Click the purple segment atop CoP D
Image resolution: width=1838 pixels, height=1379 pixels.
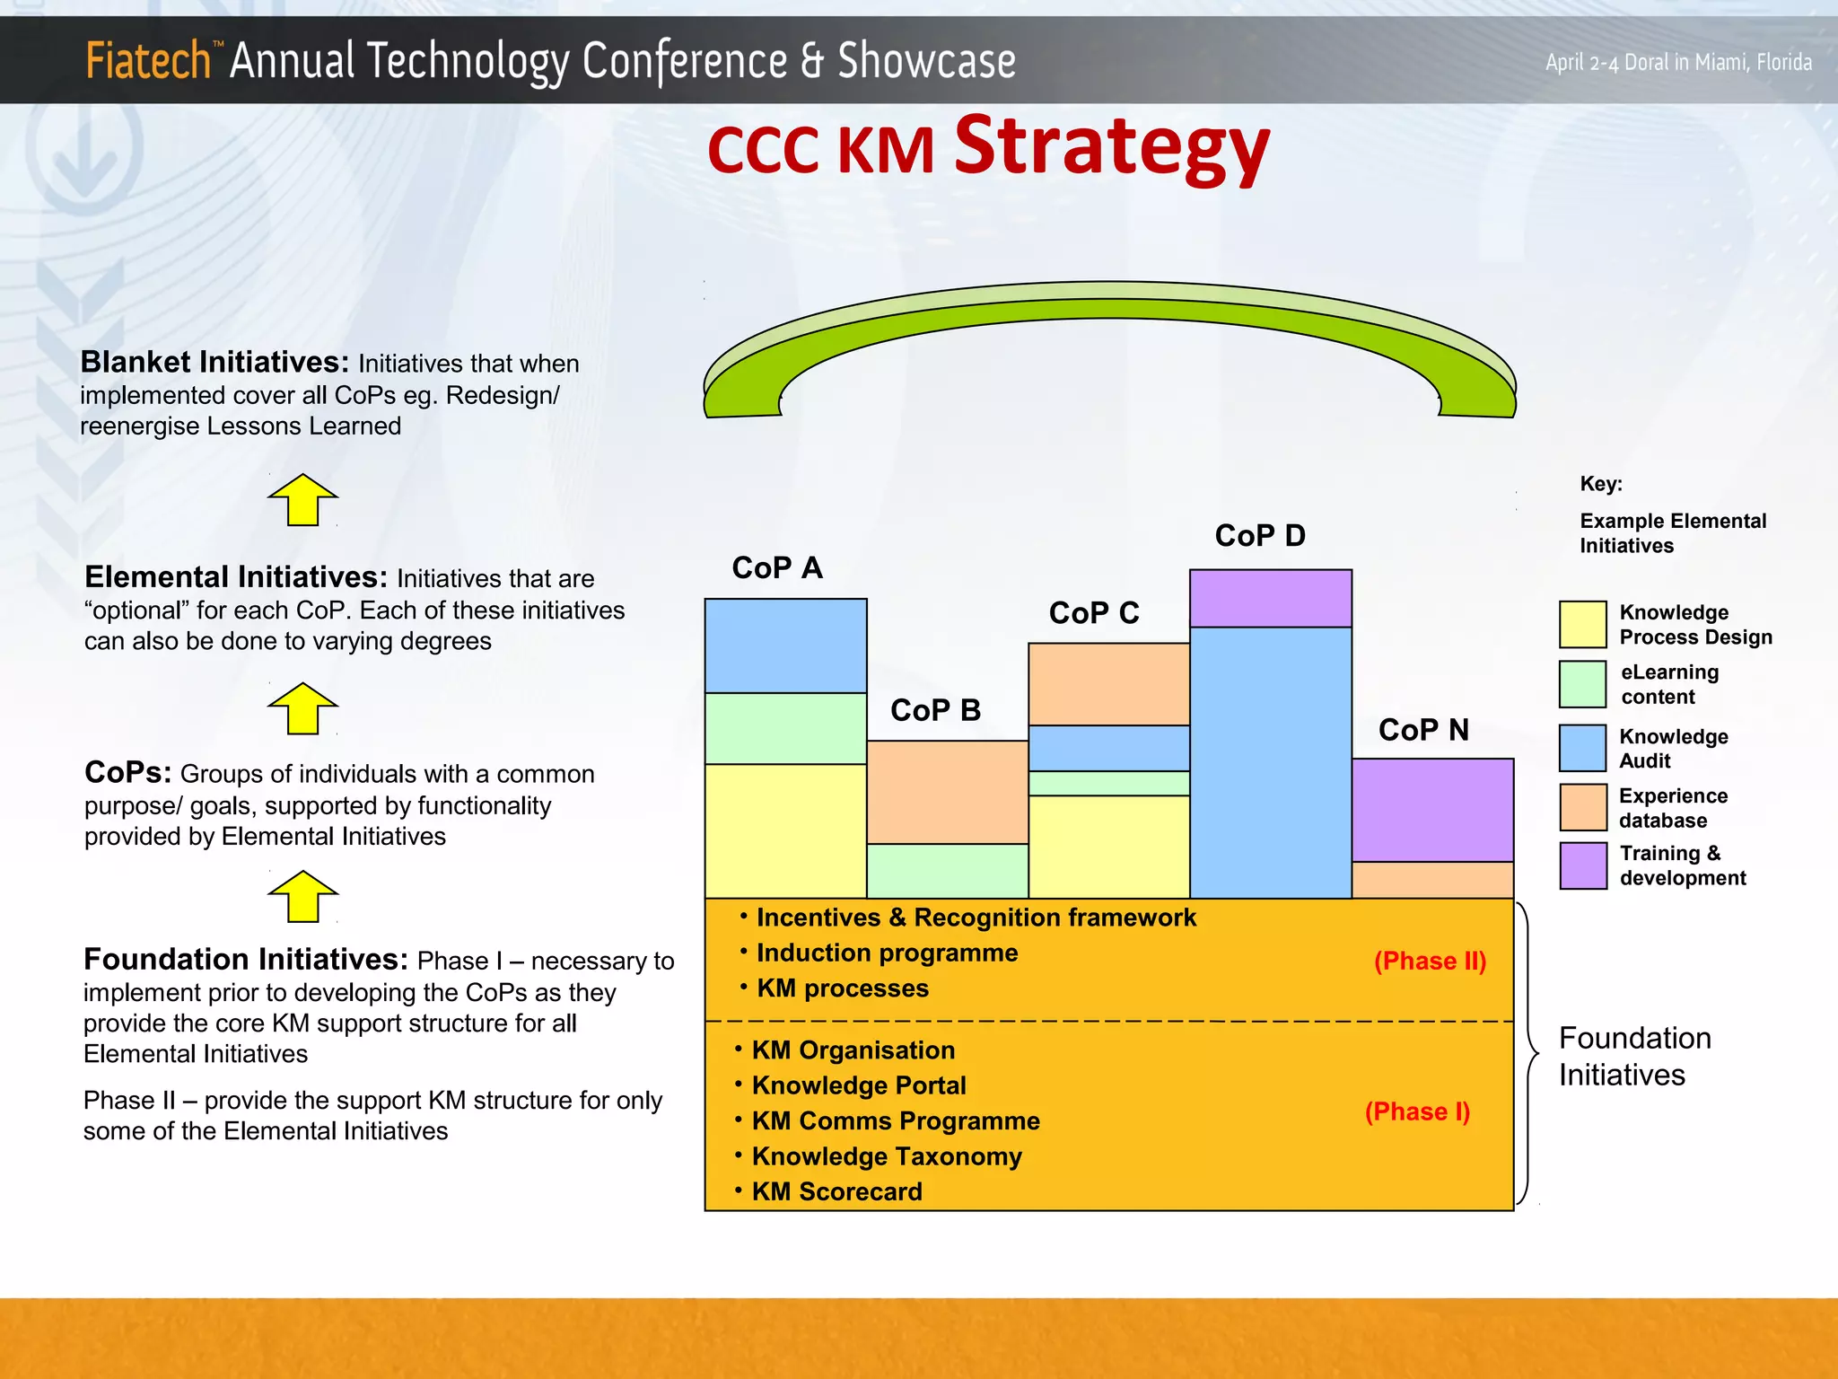[x=1270, y=599]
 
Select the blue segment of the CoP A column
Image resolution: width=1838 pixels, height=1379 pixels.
[x=785, y=646]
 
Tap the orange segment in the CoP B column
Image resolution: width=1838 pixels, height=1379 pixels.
[x=947, y=792]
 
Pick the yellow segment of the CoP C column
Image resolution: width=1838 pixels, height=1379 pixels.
[x=1108, y=846]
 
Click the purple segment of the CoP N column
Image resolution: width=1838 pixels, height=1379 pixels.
[x=1432, y=810]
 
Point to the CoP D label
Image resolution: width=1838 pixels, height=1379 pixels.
[x=1260, y=536]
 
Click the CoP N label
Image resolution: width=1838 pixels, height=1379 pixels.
[x=1423, y=730]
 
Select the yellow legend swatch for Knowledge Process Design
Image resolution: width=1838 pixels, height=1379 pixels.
[x=1582, y=624]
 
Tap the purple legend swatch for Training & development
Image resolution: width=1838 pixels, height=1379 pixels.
[x=1582, y=865]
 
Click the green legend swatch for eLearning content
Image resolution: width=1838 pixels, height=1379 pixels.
[x=1582, y=684]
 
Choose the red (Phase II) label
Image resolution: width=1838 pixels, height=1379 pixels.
[x=1430, y=961]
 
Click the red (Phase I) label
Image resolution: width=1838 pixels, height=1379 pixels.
[x=1417, y=1111]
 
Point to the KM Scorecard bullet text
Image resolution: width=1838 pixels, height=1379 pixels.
[x=836, y=1191]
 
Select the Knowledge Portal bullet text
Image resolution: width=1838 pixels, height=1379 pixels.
[x=859, y=1085]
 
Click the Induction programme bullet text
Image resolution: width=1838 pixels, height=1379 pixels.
[x=887, y=953]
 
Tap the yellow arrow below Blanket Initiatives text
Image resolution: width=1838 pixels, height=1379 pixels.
[x=302, y=500]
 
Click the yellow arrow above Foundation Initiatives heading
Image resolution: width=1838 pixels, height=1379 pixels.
[x=302, y=897]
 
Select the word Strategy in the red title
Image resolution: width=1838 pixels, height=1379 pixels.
[x=1111, y=148]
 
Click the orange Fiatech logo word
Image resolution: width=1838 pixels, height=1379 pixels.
[x=148, y=61]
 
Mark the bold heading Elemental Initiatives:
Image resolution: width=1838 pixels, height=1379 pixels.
[x=236, y=576]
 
